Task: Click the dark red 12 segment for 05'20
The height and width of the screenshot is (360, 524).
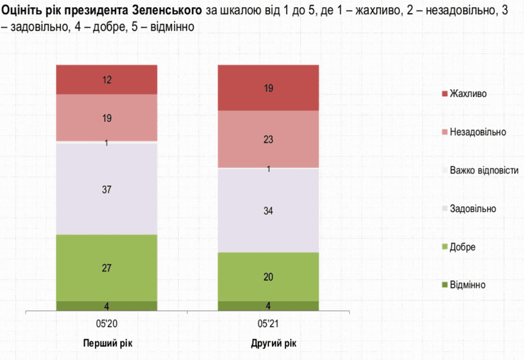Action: click(107, 79)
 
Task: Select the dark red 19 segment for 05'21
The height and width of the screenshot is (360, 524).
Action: click(268, 88)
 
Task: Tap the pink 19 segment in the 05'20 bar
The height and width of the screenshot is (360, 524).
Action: click(107, 118)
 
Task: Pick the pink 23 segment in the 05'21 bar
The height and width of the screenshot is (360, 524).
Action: click(268, 139)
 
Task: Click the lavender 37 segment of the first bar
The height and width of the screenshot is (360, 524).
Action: click(107, 189)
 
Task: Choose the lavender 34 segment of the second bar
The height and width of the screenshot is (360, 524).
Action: click(268, 210)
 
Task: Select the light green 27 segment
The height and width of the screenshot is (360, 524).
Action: click(107, 267)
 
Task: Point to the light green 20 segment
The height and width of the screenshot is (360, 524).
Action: click(268, 276)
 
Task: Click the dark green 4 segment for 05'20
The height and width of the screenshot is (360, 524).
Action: click(107, 306)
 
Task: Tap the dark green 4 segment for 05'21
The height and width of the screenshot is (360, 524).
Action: click(268, 306)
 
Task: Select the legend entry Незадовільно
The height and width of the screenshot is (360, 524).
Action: click(477, 132)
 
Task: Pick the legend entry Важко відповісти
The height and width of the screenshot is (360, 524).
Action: click(484, 170)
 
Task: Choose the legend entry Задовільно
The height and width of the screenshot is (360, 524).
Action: click(472, 208)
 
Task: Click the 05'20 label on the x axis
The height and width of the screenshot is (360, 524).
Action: click(107, 325)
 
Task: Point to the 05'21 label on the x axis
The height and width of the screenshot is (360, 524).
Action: click(268, 325)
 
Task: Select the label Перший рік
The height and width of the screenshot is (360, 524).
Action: click(108, 343)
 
